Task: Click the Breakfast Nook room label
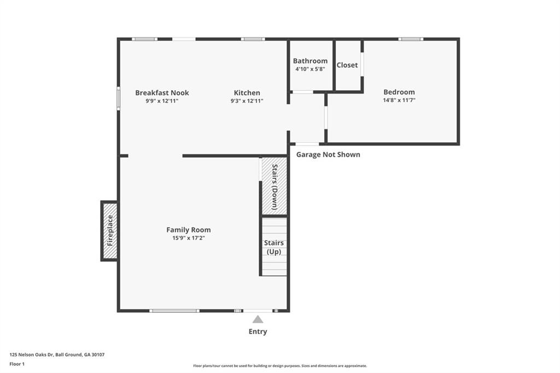[162, 93]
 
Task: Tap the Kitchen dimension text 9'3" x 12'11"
[247, 101]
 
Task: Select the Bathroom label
[310, 61]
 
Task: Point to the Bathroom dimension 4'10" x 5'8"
[310, 69]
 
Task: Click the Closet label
[347, 65]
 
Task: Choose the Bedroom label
[399, 92]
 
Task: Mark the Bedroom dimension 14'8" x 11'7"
[399, 101]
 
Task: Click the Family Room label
[188, 230]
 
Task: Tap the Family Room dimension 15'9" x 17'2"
[188, 238]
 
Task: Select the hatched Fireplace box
[109, 230]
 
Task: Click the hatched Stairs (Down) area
[274, 186]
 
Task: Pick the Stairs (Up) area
[274, 247]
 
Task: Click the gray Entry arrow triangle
[258, 319]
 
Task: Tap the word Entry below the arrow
[258, 331]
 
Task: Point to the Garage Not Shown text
[328, 155]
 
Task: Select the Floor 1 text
[17, 364]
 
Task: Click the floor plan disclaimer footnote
[279, 366]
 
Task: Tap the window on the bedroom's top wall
[410, 39]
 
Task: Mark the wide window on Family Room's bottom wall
[174, 311]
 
